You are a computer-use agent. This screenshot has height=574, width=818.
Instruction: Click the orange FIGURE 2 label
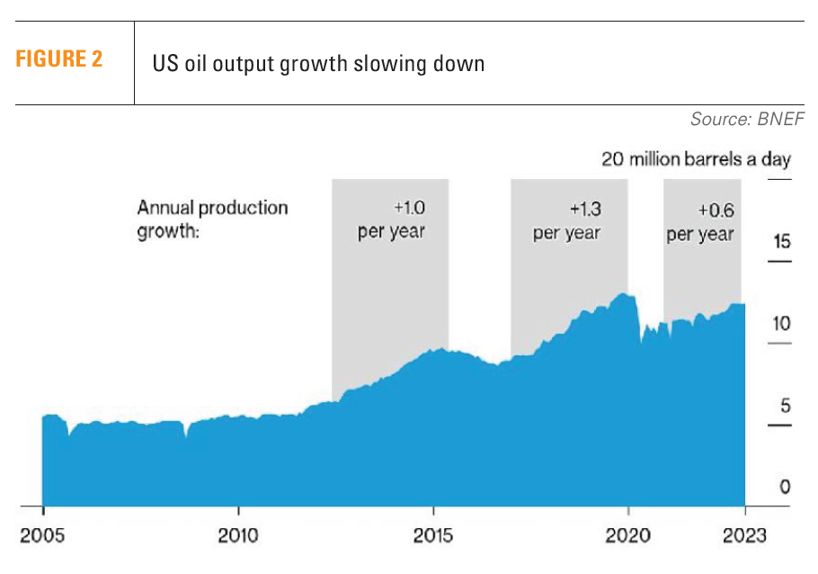[58, 60]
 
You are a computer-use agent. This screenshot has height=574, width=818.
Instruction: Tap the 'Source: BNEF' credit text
[746, 119]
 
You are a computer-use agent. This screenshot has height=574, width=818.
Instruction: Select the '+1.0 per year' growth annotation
[391, 220]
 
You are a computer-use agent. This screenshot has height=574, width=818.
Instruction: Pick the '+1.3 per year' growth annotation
[566, 221]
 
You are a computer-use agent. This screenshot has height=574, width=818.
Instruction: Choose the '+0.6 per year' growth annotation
[700, 221]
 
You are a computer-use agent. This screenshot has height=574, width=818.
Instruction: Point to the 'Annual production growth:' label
[212, 220]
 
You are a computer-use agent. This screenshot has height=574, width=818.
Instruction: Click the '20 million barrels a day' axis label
[696, 159]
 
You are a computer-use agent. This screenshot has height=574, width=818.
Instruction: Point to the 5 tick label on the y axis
[785, 405]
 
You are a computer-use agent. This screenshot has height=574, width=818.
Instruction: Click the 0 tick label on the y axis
[785, 487]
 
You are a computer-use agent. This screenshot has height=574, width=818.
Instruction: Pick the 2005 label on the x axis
[43, 535]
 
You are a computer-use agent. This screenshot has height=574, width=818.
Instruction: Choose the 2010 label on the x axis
[238, 535]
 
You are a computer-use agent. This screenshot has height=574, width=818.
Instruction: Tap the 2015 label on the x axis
[433, 535]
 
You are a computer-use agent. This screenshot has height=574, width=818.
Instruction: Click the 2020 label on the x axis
[627, 535]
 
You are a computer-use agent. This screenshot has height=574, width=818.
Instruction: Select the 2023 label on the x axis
[744, 535]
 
